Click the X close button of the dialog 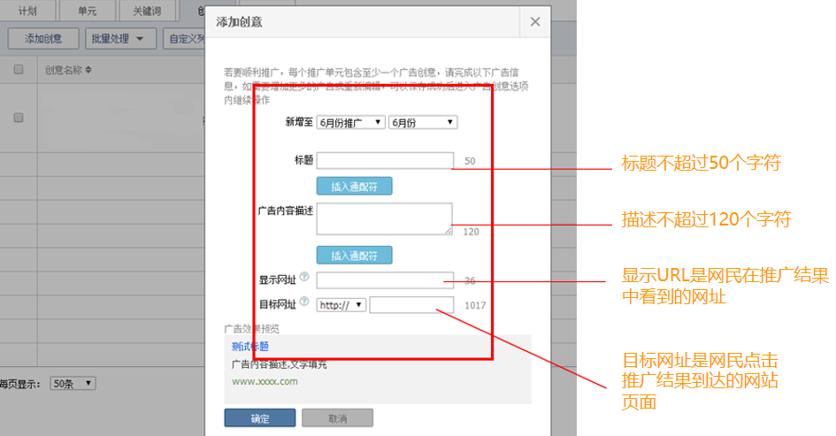534,22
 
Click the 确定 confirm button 259,418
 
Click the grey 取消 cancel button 337,418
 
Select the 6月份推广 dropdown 350,123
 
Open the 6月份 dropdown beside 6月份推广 422,123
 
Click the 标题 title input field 385,160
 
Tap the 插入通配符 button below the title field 354,187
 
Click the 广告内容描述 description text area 385,219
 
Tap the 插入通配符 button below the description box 354,256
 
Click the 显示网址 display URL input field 385,280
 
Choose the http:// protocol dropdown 341,305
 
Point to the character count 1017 477,306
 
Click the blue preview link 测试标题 249,347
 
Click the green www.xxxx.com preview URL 265,382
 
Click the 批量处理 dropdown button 121,38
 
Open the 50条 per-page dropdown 73,384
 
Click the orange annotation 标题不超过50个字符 702,163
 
